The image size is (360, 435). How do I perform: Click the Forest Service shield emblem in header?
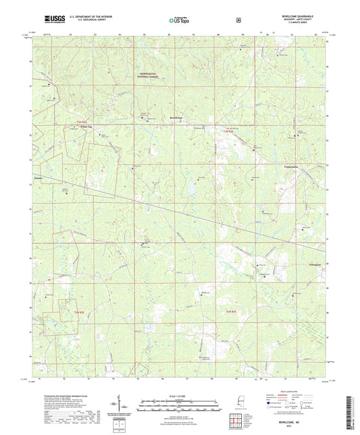pyautogui.click(x=236, y=20)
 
